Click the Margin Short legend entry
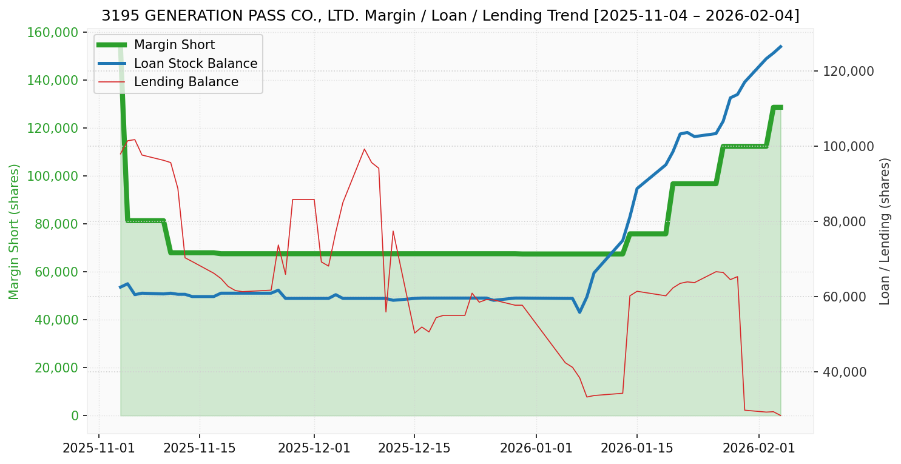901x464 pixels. click(174, 45)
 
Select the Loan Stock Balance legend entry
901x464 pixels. click(195, 64)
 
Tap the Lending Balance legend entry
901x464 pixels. click(186, 82)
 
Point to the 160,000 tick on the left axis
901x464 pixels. click(54, 32)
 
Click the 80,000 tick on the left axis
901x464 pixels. click(57, 224)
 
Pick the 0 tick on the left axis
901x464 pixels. click(75, 415)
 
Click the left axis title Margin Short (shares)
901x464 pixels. click(14, 232)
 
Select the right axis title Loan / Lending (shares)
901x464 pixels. click(885, 232)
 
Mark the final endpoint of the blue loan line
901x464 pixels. click(780, 46)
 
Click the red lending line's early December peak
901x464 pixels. click(365, 149)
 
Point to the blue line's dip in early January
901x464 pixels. click(579, 312)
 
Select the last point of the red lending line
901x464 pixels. click(780, 415)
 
